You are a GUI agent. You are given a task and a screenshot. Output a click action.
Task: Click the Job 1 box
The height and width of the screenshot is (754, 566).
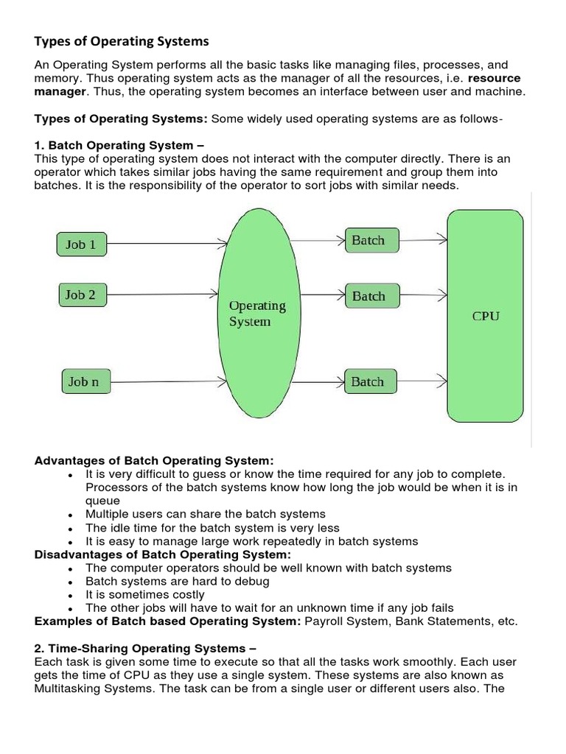click(x=81, y=244)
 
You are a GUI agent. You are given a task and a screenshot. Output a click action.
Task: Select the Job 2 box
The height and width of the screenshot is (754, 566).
click(x=81, y=295)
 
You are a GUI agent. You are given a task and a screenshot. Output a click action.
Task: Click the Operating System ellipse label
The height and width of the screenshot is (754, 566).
click(x=256, y=314)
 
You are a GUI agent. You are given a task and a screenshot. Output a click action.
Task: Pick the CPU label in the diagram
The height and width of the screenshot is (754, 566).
click(x=486, y=316)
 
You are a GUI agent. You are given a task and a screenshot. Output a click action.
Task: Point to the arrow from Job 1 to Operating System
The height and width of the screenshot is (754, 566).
click(x=165, y=242)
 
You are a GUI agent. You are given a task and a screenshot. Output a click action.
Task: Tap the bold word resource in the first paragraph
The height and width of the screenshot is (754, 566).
click(x=495, y=78)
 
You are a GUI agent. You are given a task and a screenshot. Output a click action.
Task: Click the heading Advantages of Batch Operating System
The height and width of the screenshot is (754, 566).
click(x=154, y=460)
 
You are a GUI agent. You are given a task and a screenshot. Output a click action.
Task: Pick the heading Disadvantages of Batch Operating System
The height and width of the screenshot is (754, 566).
click(x=163, y=554)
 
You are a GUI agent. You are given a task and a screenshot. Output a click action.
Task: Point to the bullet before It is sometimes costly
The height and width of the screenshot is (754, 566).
click(x=69, y=595)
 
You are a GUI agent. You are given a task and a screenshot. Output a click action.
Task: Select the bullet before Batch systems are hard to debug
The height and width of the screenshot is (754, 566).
click(x=69, y=582)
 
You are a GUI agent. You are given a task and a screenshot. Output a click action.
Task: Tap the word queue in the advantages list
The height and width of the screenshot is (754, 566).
click(x=102, y=500)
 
